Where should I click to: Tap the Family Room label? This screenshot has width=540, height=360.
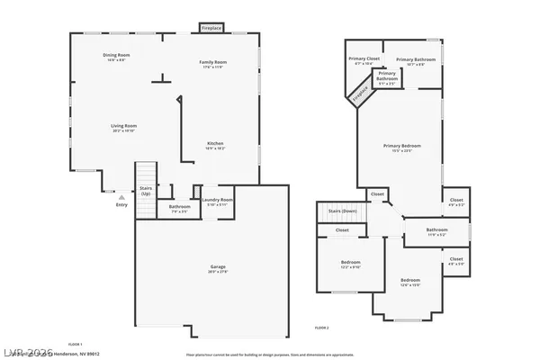click(x=212, y=64)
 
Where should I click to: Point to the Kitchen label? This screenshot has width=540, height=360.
click(x=216, y=145)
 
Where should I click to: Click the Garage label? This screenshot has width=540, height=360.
click(x=218, y=268)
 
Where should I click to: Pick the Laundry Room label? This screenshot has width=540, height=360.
click(x=217, y=201)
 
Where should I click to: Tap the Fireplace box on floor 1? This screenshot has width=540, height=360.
click(x=212, y=29)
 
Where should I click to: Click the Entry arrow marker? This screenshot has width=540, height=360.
click(x=121, y=196)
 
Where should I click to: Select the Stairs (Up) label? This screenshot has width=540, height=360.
click(x=145, y=192)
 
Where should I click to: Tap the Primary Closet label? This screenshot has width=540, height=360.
click(x=364, y=61)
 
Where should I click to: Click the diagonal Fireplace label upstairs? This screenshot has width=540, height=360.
click(x=360, y=94)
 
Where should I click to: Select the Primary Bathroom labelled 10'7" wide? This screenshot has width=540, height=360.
click(x=415, y=61)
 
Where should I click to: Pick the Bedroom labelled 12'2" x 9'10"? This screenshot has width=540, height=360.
click(x=350, y=265)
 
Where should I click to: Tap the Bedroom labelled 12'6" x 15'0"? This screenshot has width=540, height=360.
click(x=410, y=282)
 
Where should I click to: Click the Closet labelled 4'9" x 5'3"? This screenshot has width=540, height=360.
click(x=456, y=202)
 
